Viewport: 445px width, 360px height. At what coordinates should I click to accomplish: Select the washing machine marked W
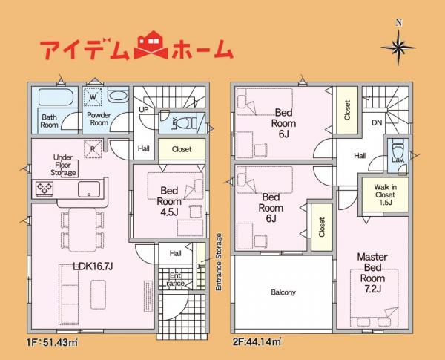click(x=93, y=96)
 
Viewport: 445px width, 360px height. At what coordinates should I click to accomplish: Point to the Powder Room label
click(x=99, y=120)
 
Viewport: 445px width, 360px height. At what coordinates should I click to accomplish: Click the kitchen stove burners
click(x=44, y=189)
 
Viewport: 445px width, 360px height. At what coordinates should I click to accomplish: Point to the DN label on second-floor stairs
click(x=377, y=122)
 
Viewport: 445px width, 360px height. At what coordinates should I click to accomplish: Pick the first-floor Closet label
click(x=182, y=149)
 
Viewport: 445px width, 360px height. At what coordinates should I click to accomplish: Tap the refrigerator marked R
click(x=93, y=148)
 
